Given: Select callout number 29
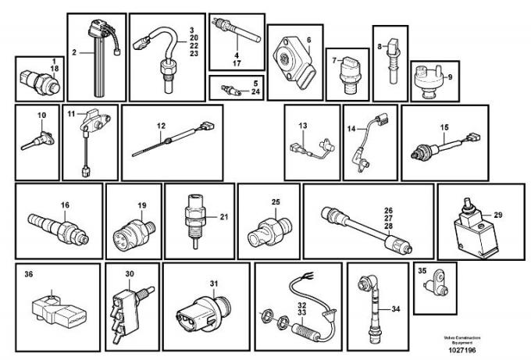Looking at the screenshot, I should pos(497,214).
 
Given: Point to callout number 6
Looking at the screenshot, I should pos(308,39).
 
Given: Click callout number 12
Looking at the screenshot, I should pos(161,125).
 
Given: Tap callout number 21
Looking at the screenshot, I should pos(223,217).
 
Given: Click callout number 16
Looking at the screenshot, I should pos(66,205).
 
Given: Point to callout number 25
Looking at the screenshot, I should pos(275,202).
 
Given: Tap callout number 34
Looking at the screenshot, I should pos(395,309).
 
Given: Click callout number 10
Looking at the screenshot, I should pos(41,116).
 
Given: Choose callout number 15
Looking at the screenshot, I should pos(444,127).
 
